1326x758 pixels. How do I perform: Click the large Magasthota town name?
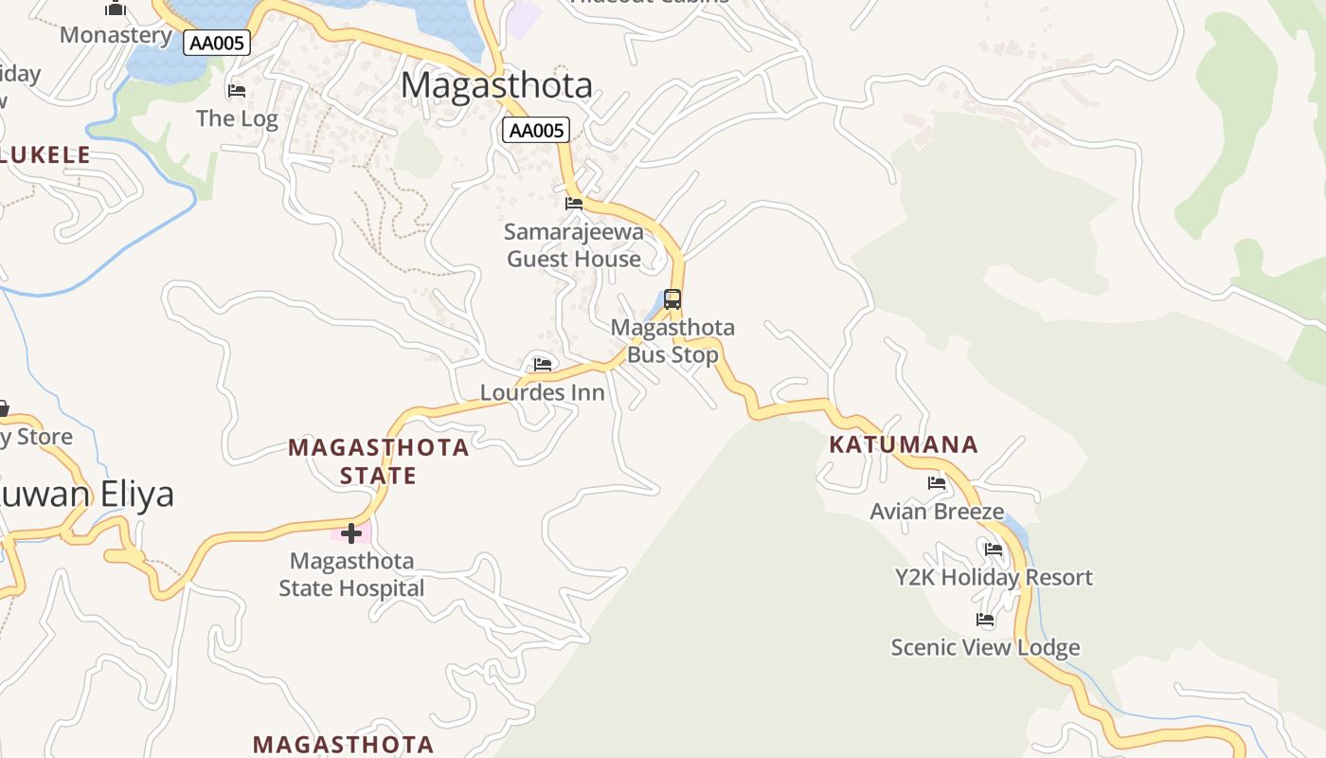tap(496, 85)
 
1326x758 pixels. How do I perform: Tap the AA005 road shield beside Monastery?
tap(217, 43)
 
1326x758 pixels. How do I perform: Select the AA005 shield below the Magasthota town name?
tap(536, 131)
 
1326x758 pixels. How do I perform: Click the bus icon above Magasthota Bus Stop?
tap(672, 299)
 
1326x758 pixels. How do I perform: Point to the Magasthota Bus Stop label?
tap(672, 341)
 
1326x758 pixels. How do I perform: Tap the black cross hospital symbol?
tap(351, 533)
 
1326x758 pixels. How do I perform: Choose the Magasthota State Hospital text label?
tap(351, 574)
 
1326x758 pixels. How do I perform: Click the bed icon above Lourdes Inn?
tap(543, 364)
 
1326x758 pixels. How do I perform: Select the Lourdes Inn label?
tap(542, 392)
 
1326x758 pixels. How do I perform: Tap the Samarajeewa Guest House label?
tap(574, 245)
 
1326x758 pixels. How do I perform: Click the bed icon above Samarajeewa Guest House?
tap(574, 204)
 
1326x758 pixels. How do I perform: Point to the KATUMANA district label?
tap(903, 444)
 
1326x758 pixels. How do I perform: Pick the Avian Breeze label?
tap(937, 512)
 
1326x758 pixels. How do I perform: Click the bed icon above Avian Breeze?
tap(937, 483)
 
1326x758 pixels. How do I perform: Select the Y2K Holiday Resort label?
tap(994, 577)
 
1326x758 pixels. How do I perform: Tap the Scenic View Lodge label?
tap(985, 648)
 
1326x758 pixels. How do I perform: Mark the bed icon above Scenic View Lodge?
tap(985, 620)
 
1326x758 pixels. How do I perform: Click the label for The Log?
tap(237, 118)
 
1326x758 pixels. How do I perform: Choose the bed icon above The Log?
tap(237, 91)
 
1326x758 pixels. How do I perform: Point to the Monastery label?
tap(116, 36)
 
